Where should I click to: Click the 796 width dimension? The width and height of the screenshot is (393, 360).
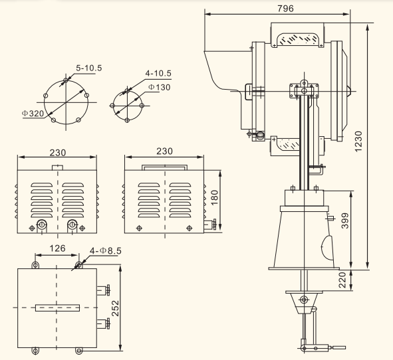[285, 9]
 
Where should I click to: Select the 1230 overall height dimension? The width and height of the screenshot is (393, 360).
[358, 141]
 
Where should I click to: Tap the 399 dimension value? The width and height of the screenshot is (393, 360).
[345, 221]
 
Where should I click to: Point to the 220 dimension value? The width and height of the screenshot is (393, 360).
[342, 280]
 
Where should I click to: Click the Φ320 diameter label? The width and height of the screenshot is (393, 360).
[33, 114]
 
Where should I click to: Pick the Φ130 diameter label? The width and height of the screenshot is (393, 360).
[159, 88]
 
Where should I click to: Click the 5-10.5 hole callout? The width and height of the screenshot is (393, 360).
[89, 68]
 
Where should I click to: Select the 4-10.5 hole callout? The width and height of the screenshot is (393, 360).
[158, 73]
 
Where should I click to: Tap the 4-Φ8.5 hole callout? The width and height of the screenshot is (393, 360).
[106, 250]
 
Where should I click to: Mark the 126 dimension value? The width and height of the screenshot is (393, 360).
[57, 248]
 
